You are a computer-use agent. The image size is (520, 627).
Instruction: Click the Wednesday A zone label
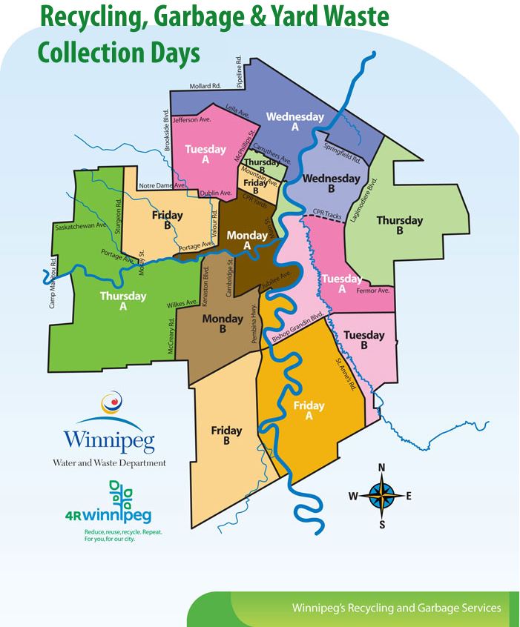295,122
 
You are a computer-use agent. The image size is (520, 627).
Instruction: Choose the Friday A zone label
309,410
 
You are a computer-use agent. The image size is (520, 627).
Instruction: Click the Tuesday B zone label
365,339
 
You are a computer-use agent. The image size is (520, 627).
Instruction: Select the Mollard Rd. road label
205,87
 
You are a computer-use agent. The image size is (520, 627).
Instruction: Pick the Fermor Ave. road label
378,291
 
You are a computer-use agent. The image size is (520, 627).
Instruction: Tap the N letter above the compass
381,467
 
